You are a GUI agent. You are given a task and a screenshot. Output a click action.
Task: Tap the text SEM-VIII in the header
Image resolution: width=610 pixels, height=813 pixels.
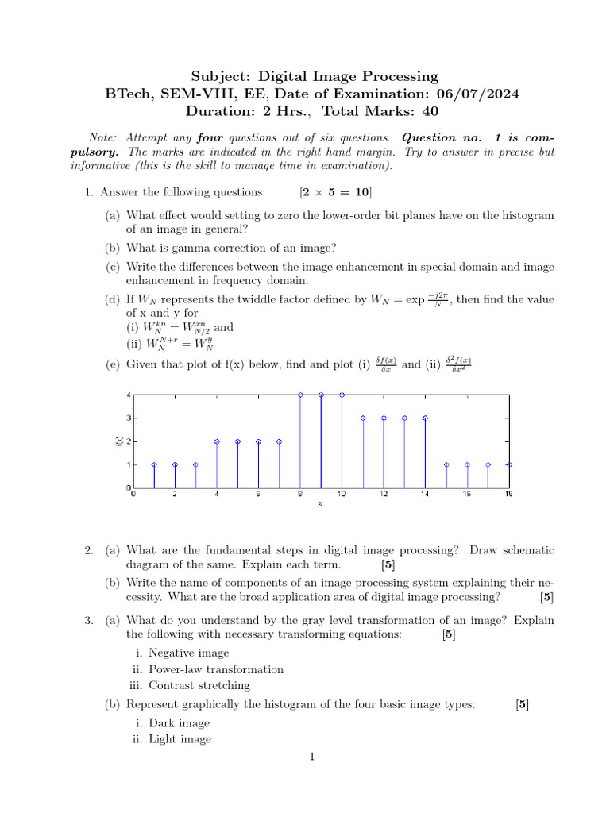(x=185, y=94)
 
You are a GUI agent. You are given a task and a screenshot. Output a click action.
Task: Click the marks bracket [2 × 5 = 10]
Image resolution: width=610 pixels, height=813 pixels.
(x=335, y=192)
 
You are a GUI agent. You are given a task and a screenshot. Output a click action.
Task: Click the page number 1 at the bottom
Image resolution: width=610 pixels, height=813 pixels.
(x=312, y=757)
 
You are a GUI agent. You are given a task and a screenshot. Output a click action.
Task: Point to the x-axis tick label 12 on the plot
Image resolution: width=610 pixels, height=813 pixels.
(x=383, y=495)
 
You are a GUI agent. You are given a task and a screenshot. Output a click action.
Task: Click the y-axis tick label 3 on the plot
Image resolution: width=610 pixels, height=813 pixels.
(x=127, y=418)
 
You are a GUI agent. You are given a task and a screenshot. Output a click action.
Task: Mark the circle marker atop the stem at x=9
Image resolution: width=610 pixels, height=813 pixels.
(x=321, y=395)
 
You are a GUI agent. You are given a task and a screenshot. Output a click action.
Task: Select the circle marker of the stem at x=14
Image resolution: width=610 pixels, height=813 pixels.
(x=425, y=418)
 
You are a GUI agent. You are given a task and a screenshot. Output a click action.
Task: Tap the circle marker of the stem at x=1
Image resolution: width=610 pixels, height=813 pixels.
(x=154, y=464)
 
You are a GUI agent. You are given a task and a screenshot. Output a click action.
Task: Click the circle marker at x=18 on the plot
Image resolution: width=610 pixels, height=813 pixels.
(x=508, y=464)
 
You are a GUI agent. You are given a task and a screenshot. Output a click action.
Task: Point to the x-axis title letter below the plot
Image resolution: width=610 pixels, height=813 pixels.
(x=320, y=503)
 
